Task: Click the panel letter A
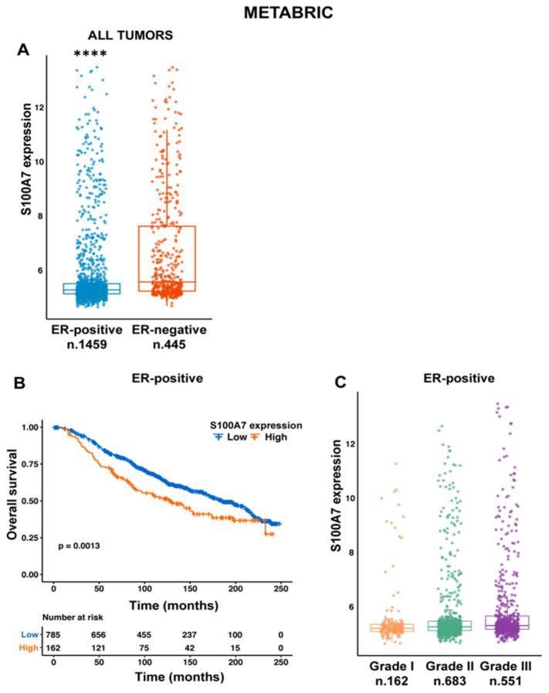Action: tap(24, 49)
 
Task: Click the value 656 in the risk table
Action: tap(92, 634)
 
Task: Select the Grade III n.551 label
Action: tap(504, 673)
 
